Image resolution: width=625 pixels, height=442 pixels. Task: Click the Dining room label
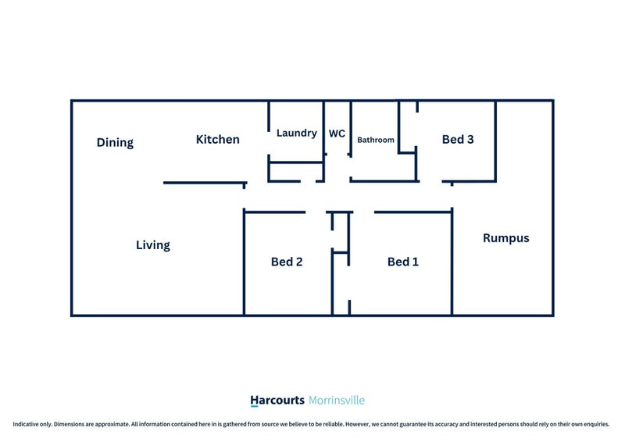(x=115, y=142)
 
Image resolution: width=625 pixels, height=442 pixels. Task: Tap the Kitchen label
(x=218, y=140)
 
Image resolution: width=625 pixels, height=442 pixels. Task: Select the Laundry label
(x=297, y=133)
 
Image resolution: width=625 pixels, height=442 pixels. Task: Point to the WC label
(x=337, y=134)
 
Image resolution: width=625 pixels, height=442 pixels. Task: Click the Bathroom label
(x=376, y=140)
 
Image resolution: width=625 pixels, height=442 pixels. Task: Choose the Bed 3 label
(x=458, y=140)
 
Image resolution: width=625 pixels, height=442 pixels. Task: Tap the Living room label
(x=152, y=244)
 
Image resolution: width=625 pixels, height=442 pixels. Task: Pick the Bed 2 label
(x=287, y=262)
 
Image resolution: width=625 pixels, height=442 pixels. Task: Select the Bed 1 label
(x=403, y=262)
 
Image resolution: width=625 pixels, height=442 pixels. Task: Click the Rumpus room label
(x=506, y=238)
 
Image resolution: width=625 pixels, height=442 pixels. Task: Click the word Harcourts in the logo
(x=277, y=400)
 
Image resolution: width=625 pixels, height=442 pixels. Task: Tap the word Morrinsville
(x=337, y=400)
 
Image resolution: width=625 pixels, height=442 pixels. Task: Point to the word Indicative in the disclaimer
(x=26, y=424)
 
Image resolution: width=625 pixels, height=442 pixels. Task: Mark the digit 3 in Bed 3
(x=470, y=140)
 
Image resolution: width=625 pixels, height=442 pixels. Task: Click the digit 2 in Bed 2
(x=299, y=262)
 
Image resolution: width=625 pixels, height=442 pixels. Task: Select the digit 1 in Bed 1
(x=416, y=262)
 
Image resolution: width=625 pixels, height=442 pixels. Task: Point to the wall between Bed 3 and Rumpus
(x=495, y=141)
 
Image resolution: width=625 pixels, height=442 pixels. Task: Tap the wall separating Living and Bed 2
(x=244, y=262)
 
